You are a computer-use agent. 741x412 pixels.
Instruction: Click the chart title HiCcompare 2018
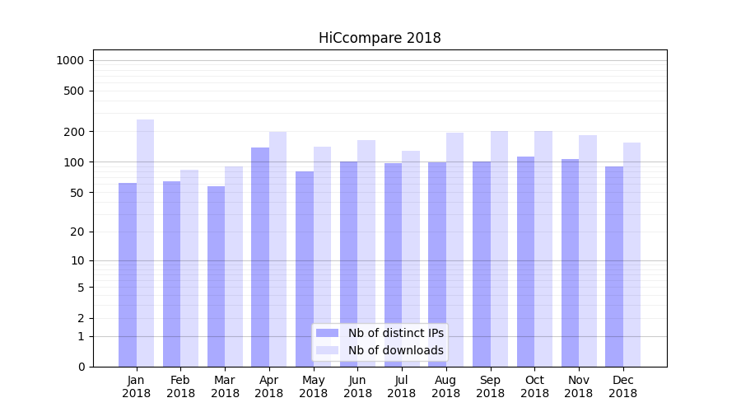(380, 38)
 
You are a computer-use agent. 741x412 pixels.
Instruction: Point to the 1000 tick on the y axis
(70, 60)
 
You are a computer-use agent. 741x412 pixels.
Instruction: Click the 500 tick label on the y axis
(73, 91)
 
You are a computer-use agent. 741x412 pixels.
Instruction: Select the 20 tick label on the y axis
(77, 232)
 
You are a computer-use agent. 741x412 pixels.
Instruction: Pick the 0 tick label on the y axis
(81, 367)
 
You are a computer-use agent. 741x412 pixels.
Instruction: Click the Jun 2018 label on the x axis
(357, 386)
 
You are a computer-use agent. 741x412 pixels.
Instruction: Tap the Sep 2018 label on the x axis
(490, 386)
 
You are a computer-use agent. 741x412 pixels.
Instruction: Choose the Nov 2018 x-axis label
(579, 386)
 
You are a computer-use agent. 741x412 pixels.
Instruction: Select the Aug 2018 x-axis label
(445, 386)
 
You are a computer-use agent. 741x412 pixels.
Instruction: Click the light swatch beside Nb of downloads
(328, 350)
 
